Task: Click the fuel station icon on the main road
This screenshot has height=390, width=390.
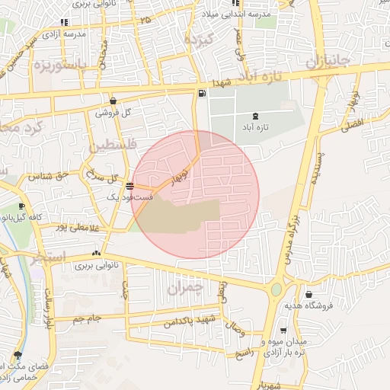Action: (201, 94)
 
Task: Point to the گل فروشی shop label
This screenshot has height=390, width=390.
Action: (113, 112)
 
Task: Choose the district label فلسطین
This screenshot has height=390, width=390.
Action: (113, 145)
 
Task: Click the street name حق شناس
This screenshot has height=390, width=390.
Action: (49, 175)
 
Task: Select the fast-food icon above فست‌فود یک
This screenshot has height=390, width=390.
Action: (130, 186)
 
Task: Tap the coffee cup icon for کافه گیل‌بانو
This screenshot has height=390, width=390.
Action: (21, 206)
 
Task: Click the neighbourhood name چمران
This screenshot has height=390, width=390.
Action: (186, 289)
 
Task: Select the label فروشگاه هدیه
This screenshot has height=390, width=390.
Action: (305, 305)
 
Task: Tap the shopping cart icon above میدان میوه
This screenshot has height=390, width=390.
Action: (283, 331)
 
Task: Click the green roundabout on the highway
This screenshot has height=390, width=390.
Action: (277, 290)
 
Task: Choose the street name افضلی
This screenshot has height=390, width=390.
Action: (355, 123)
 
